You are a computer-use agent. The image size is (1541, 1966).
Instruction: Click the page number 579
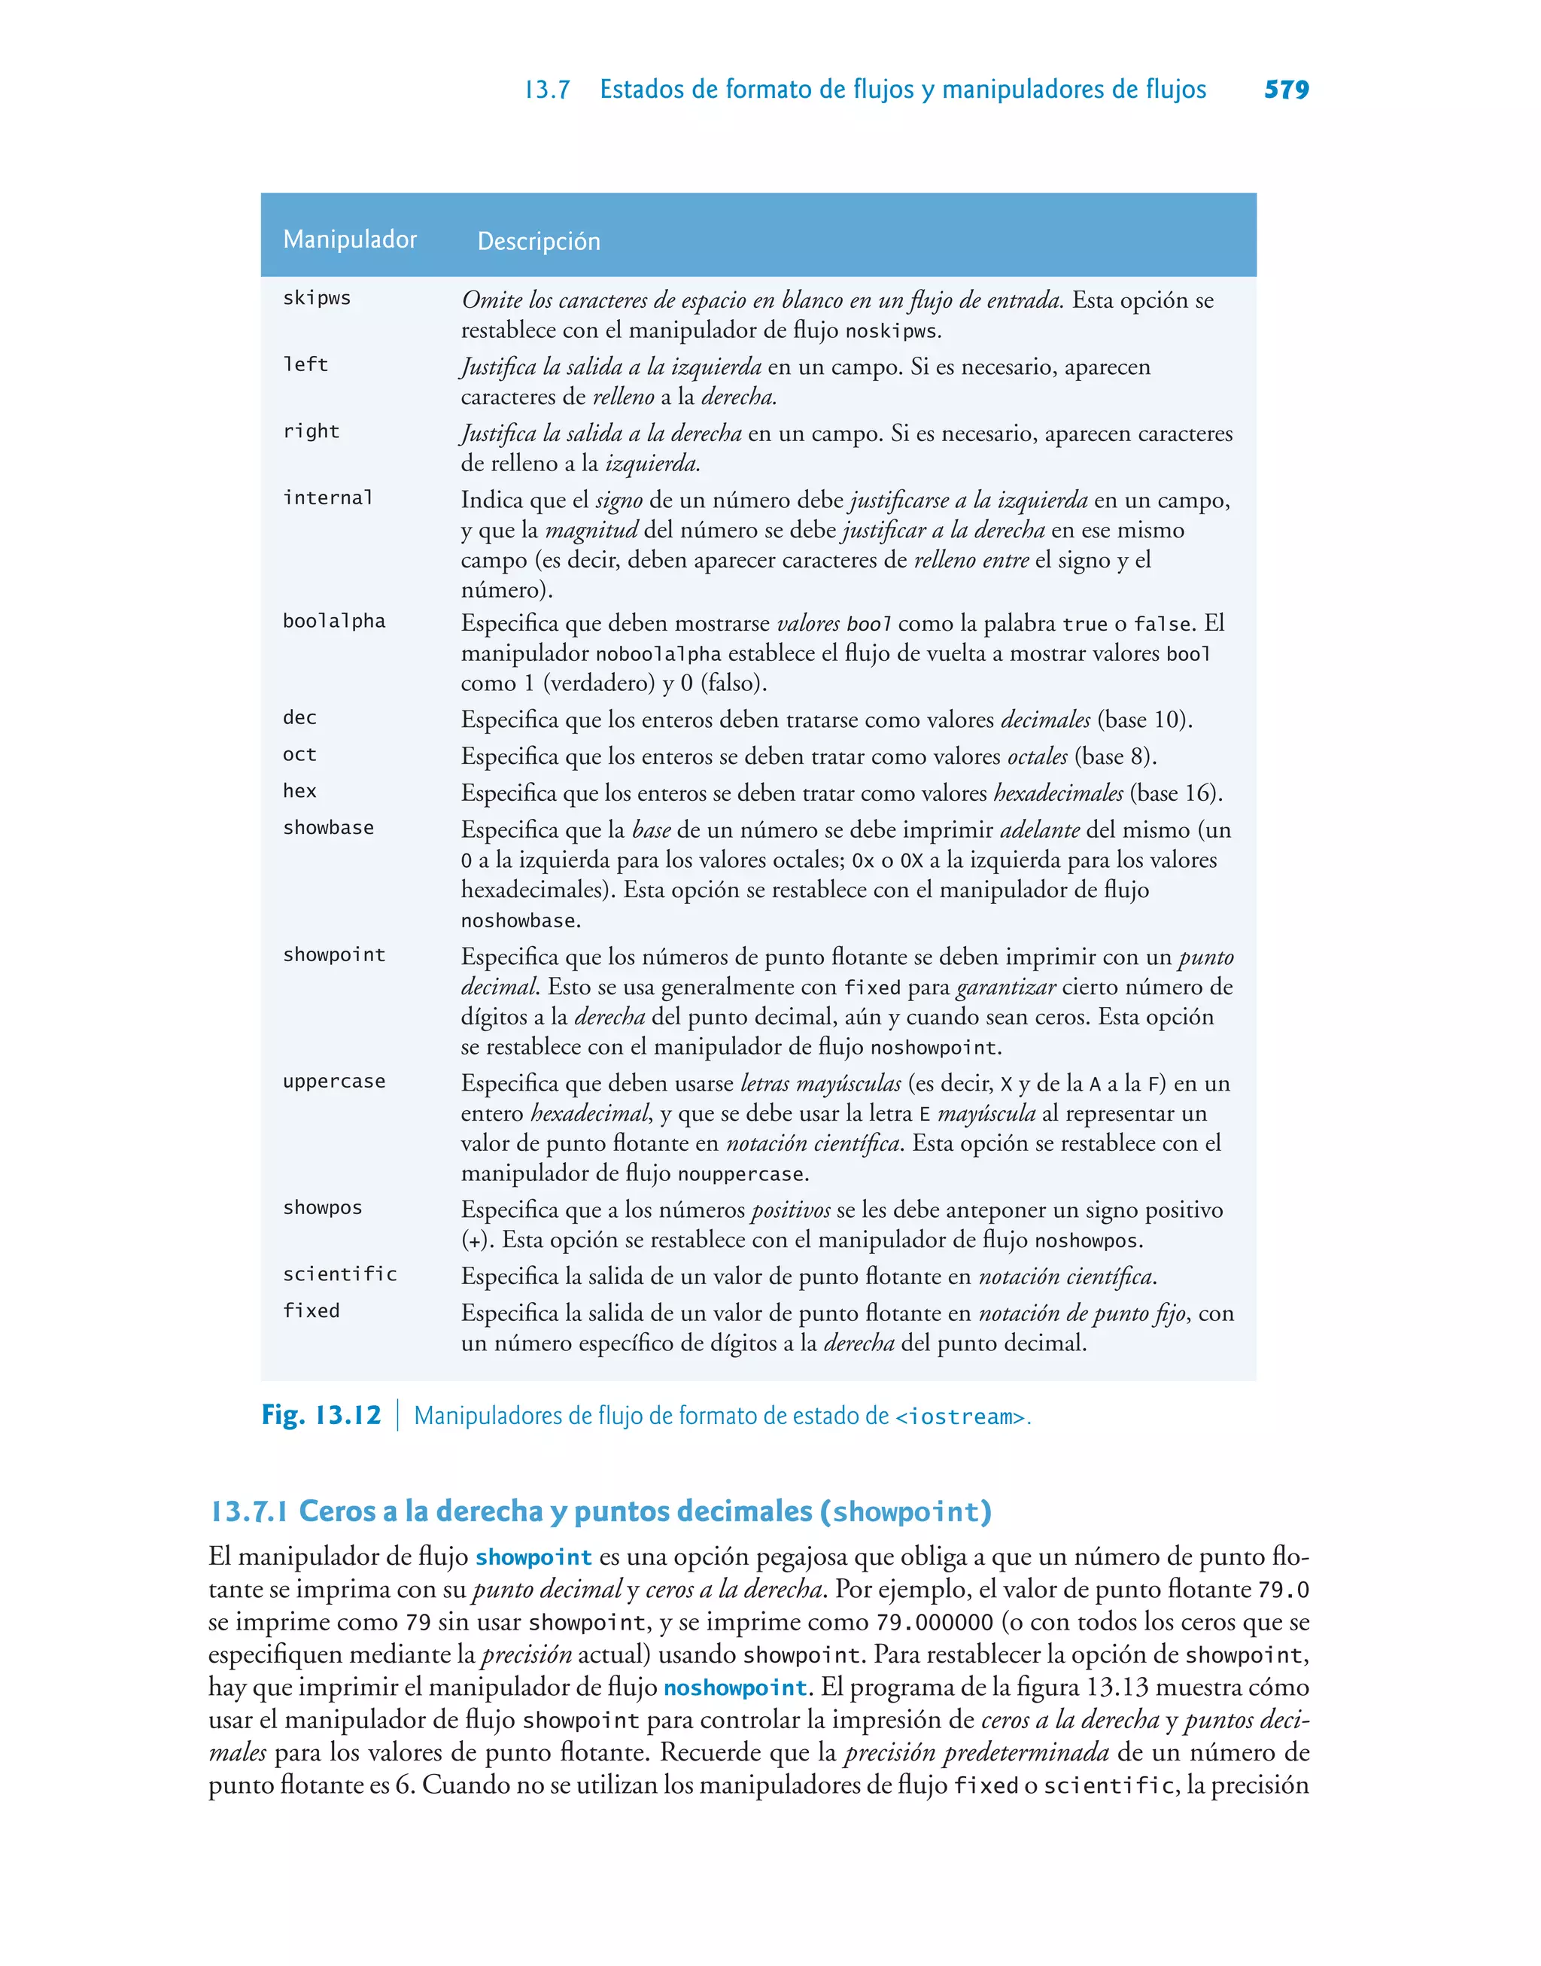click(1286, 90)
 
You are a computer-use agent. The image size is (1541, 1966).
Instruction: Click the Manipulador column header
click(350, 239)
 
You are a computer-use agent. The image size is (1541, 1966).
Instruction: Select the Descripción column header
click(539, 241)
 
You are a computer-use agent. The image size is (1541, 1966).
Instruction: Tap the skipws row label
click(317, 299)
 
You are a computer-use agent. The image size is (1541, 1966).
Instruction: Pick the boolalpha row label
click(334, 621)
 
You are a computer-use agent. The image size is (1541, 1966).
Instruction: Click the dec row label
click(299, 718)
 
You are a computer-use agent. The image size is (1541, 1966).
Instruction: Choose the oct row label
click(299, 754)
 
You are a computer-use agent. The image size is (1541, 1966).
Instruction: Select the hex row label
click(299, 791)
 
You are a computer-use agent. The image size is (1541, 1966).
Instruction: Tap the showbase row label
click(328, 827)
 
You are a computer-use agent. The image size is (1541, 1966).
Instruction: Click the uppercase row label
click(334, 1081)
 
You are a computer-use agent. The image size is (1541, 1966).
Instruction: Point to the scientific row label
click(340, 1274)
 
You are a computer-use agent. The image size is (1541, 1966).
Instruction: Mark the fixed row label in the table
click(312, 1311)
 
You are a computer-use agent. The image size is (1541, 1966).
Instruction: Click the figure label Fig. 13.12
click(321, 1415)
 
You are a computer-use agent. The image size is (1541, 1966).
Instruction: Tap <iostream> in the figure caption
click(960, 1417)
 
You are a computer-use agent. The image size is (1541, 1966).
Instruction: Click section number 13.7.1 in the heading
click(250, 1511)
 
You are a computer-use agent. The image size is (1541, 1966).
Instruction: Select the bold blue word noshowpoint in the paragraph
click(735, 1688)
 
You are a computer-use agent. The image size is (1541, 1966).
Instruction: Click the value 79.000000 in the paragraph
click(934, 1623)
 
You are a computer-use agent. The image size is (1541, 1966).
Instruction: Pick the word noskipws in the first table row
click(890, 331)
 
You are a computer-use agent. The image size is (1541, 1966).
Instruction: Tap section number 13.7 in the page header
click(548, 90)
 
